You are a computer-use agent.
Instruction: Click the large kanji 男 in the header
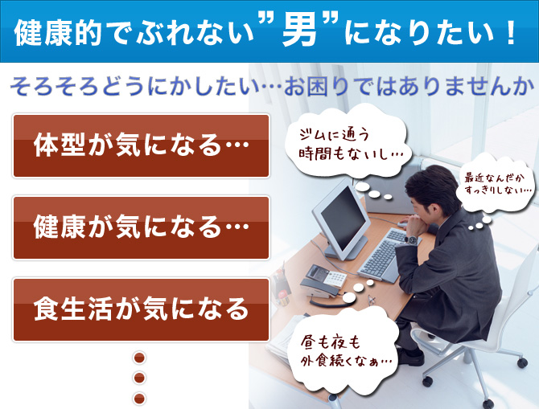(298, 32)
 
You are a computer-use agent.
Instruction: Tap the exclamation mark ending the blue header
(511, 33)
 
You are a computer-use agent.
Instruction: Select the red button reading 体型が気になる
(141, 146)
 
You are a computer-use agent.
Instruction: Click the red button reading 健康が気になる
(141, 227)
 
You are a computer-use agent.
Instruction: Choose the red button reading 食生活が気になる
(141, 309)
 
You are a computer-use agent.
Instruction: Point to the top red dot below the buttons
(139, 358)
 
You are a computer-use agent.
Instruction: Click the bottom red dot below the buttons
(139, 399)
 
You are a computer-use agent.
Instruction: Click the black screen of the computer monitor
(343, 218)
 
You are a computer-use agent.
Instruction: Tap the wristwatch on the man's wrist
(411, 239)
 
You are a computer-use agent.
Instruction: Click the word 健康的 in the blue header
(58, 33)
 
